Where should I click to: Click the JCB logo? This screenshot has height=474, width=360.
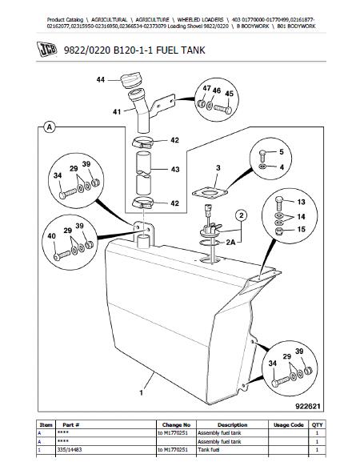(x=47, y=50)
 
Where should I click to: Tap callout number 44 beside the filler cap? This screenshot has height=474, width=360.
(x=101, y=79)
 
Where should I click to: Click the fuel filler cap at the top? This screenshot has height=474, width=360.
(x=130, y=81)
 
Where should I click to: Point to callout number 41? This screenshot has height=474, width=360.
(x=117, y=112)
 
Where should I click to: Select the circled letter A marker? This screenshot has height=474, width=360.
(x=50, y=127)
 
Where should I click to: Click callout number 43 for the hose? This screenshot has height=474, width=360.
(x=175, y=169)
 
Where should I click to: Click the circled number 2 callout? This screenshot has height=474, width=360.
(x=241, y=215)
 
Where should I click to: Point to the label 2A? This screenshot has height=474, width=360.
(x=230, y=242)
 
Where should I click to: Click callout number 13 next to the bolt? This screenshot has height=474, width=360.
(x=301, y=202)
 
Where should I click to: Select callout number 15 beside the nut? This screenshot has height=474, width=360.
(x=301, y=229)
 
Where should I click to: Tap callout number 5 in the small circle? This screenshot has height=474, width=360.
(x=282, y=151)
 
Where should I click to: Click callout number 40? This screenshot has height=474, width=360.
(x=52, y=235)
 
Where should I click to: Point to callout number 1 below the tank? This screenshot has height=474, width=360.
(x=141, y=392)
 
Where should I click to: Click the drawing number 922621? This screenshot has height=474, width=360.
(x=307, y=406)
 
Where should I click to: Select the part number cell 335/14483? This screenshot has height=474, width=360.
(x=69, y=450)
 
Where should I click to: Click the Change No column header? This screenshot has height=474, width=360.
(x=176, y=424)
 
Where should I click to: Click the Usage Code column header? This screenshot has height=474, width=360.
(x=289, y=424)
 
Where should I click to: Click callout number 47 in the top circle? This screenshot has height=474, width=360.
(x=206, y=88)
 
